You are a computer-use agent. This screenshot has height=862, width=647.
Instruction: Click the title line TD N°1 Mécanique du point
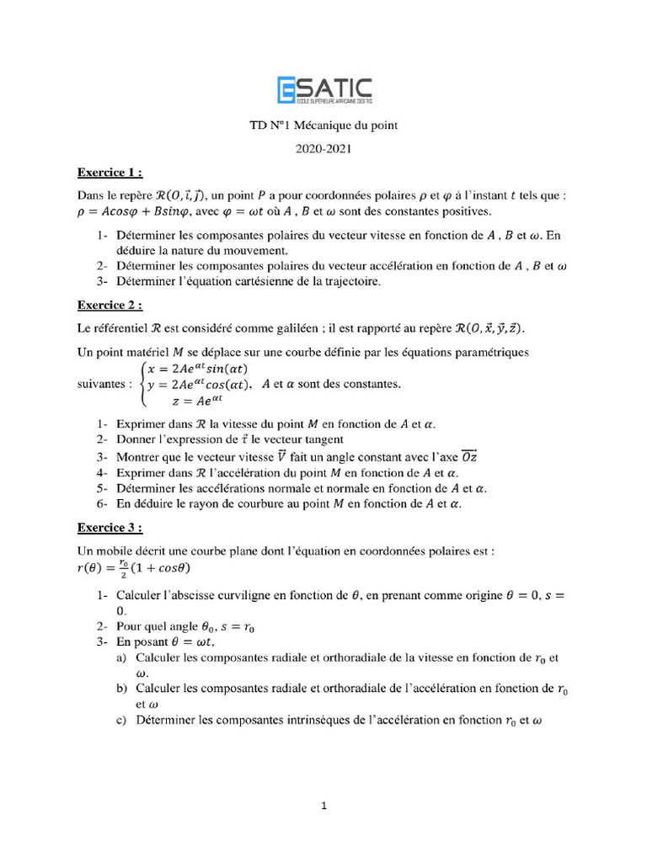pyautogui.click(x=323, y=126)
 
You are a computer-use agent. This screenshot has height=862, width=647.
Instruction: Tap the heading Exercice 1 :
pyautogui.click(x=110, y=173)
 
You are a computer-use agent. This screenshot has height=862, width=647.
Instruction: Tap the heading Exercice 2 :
pyautogui.click(x=110, y=305)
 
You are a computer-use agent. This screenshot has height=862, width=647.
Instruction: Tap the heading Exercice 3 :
pyautogui.click(x=110, y=528)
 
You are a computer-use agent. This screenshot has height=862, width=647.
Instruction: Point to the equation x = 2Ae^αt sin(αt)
pyautogui.click(x=197, y=368)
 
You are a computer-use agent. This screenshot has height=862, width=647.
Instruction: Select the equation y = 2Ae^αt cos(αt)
pyautogui.click(x=200, y=385)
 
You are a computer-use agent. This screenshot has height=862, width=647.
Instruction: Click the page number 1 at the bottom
pyautogui.click(x=323, y=806)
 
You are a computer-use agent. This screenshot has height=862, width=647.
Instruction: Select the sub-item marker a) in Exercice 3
pyautogui.click(x=122, y=657)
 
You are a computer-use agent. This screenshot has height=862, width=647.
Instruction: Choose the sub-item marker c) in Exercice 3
pyautogui.click(x=122, y=721)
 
